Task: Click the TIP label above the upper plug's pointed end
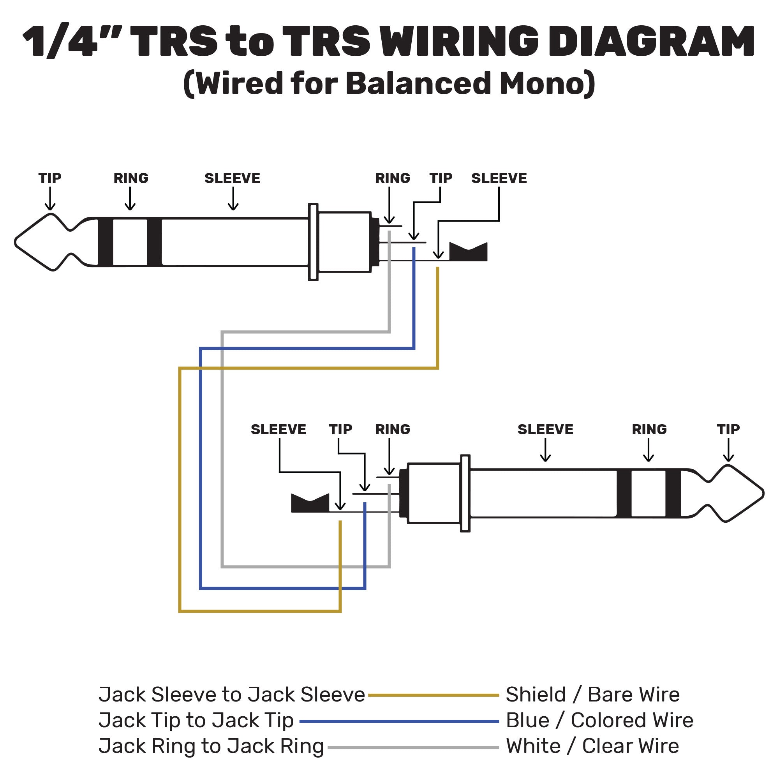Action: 49,178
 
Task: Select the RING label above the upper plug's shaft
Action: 130,178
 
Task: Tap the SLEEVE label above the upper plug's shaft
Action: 232,178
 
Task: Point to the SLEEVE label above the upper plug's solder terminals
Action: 499,178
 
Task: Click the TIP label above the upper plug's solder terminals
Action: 441,178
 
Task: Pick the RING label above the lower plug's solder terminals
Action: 392,429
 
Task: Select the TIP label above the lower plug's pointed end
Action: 728,429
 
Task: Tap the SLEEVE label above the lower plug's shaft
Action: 545,429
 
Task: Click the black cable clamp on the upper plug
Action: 468,252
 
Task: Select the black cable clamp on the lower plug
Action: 310,503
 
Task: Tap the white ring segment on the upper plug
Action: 130,242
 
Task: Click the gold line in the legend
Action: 434,695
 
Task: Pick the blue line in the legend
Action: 399,721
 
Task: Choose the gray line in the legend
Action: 413,747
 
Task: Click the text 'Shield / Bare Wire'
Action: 593,694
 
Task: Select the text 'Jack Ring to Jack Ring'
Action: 211,746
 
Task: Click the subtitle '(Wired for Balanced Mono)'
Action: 389,83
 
